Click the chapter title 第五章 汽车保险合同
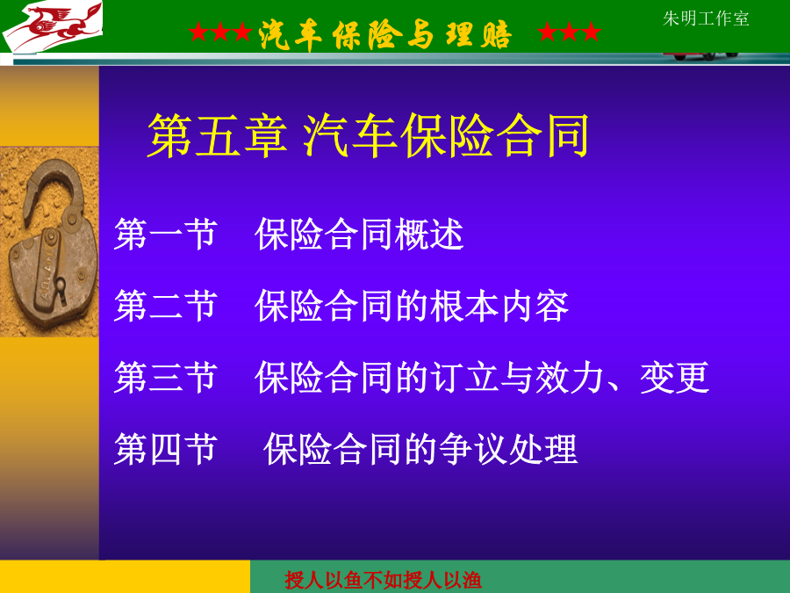(369, 135)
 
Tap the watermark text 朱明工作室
(706, 18)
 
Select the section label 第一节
(166, 235)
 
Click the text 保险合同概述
(359, 235)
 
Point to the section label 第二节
(166, 306)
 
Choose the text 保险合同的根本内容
(413, 306)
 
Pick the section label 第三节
(166, 378)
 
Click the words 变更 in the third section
(675, 378)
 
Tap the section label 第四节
(166, 449)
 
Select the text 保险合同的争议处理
(420, 449)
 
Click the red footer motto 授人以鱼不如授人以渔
(383, 581)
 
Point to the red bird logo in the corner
(53, 26)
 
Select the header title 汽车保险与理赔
(385, 34)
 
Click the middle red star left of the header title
(220, 32)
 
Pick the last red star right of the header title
(592, 32)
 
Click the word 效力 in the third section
(570, 378)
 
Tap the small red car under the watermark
(702, 55)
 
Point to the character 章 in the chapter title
(265, 135)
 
